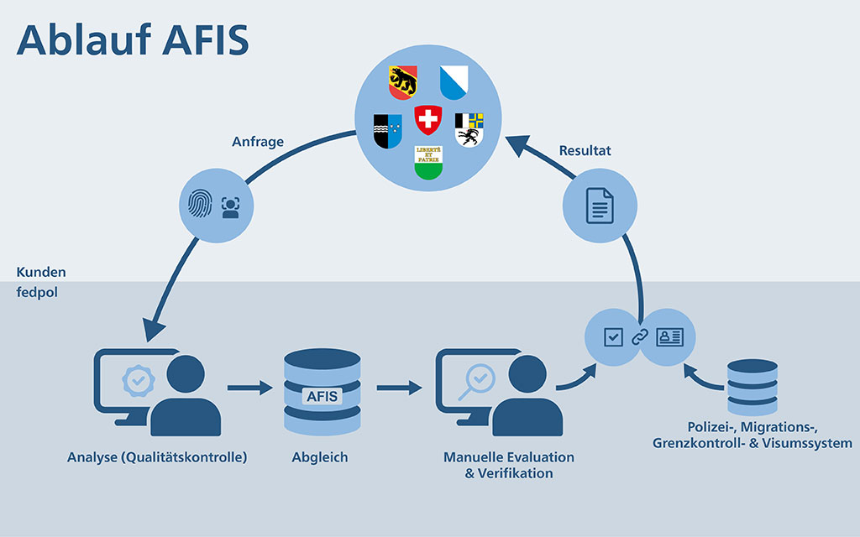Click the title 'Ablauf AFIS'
(x=133, y=39)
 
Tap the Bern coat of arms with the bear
(x=403, y=81)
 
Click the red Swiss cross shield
(x=428, y=120)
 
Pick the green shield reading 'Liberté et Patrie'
(x=428, y=162)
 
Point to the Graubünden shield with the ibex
(x=469, y=128)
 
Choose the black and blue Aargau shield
(x=387, y=129)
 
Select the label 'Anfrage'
(x=258, y=142)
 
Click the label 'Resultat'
(x=585, y=151)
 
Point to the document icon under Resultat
(x=600, y=206)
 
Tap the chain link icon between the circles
(x=641, y=337)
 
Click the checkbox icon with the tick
(x=614, y=337)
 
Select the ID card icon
(x=669, y=337)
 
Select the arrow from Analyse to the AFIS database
(x=251, y=388)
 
